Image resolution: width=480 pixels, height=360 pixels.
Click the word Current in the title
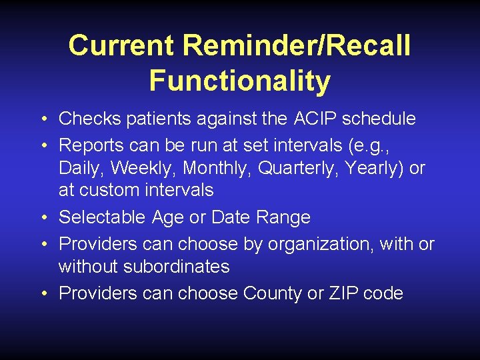coord(121,46)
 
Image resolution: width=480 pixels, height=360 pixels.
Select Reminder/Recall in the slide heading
coord(296,46)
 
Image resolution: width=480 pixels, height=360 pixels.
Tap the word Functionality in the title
coord(239,81)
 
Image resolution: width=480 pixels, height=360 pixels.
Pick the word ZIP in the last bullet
coord(341,294)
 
